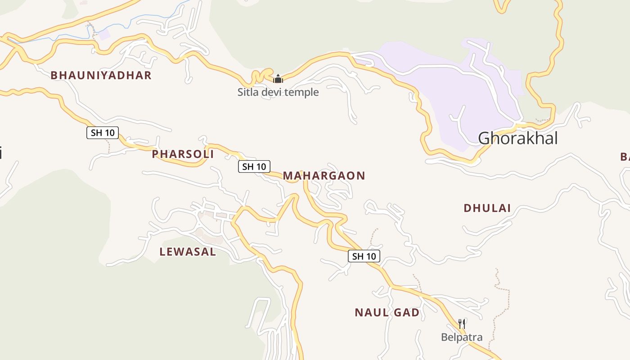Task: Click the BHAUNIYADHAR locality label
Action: tap(101, 75)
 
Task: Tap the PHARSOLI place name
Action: tap(183, 154)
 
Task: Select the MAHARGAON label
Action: tap(324, 175)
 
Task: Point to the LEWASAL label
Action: tap(188, 252)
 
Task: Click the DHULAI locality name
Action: tap(487, 208)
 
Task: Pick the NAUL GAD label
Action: tap(387, 312)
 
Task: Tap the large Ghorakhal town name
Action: tap(517, 138)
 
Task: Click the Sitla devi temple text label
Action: tap(278, 92)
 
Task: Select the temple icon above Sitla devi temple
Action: tap(278, 79)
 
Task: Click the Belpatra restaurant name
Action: tap(462, 337)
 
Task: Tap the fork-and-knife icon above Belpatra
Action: tap(462, 324)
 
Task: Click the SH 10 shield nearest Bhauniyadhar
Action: tap(103, 133)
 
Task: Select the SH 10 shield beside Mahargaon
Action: tap(254, 166)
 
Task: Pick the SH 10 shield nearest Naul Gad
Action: tap(364, 256)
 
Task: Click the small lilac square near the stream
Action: tap(104, 35)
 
